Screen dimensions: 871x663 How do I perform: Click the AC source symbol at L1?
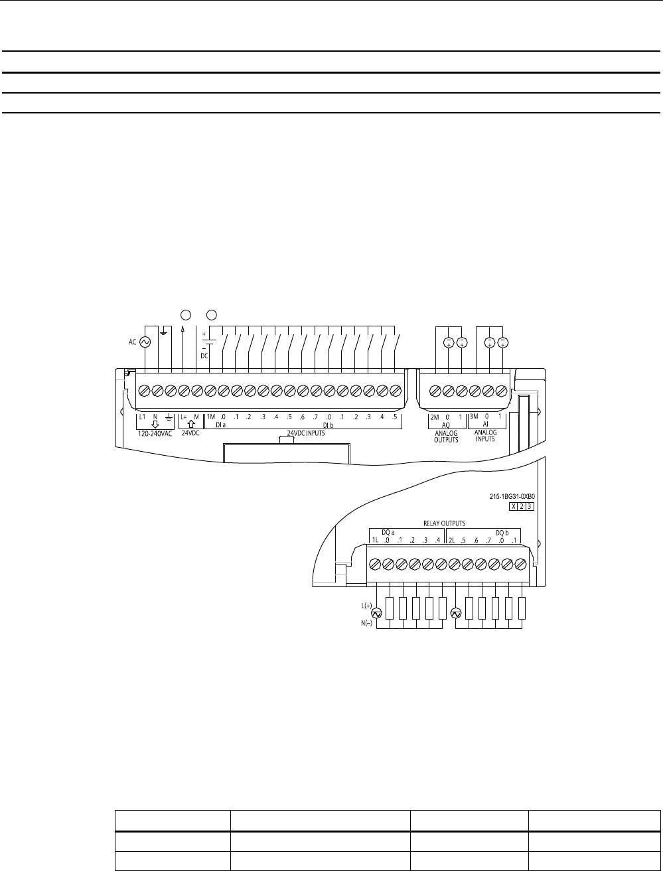[143, 342]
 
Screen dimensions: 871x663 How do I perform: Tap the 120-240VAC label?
[154, 440]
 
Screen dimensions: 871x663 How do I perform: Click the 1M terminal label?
[210, 417]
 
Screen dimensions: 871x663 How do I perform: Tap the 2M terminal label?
[435, 417]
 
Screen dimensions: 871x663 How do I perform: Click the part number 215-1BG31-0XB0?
[510, 496]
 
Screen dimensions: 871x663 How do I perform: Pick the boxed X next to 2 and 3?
[513, 506]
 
